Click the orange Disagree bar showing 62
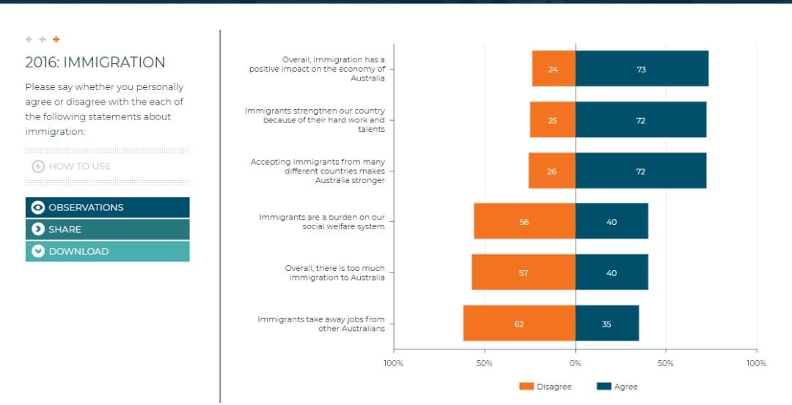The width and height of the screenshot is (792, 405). click(519, 323)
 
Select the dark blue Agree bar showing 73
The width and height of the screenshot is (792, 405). click(642, 69)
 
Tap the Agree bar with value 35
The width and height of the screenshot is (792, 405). click(607, 323)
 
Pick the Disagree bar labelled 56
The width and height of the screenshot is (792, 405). click(524, 221)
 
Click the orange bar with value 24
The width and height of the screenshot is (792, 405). click(554, 69)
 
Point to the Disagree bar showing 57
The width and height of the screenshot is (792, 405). click(524, 272)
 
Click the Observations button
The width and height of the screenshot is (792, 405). click(108, 207)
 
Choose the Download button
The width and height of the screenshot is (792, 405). click(108, 251)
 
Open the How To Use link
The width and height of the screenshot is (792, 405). click(71, 166)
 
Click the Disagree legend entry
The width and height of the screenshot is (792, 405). click(546, 387)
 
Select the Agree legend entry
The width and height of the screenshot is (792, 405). click(617, 387)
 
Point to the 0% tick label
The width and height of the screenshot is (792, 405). click(576, 363)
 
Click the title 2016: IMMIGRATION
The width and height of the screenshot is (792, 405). click(95, 62)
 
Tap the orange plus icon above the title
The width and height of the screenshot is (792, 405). click(56, 40)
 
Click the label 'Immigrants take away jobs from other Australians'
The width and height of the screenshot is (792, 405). click(321, 324)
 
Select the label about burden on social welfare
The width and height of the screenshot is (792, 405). click(322, 221)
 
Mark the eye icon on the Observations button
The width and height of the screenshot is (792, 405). click(38, 207)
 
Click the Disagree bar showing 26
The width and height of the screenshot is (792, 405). click(552, 171)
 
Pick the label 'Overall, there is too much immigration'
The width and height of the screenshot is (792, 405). click(335, 273)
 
